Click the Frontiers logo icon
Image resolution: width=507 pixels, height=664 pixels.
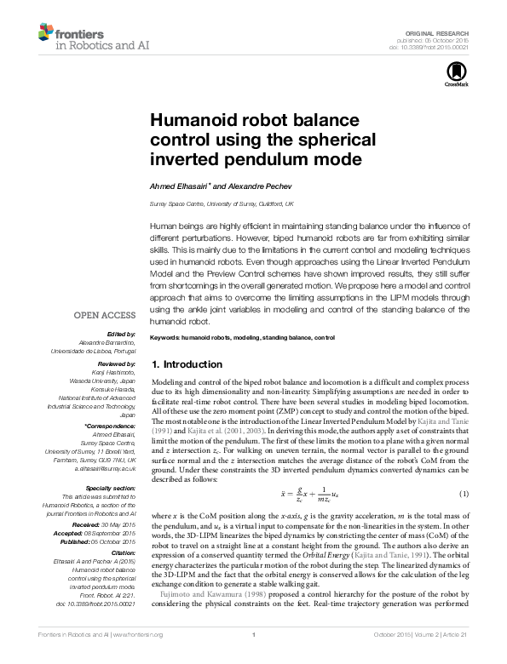click(x=46, y=32)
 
